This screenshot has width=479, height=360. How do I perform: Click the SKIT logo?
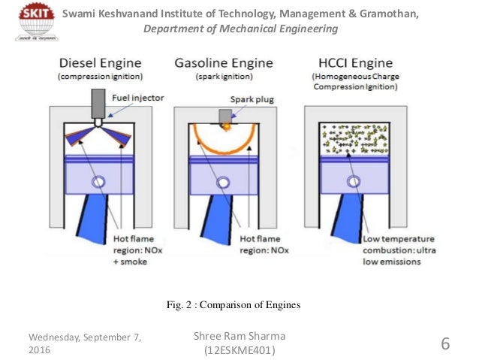click(x=27, y=23)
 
